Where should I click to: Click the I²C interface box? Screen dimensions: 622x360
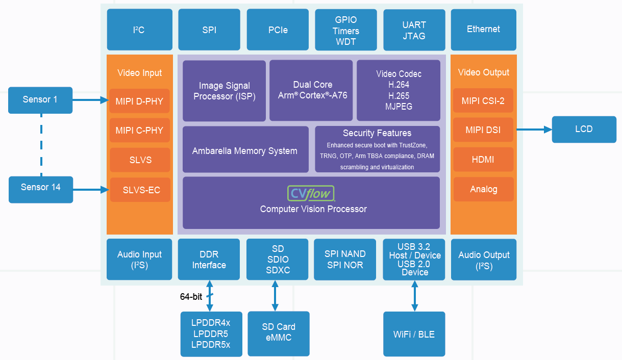[140, 30]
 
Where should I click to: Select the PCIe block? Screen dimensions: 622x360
[278, 30]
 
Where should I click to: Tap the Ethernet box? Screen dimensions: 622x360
[483, 30]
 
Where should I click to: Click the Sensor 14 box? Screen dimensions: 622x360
[41, 190]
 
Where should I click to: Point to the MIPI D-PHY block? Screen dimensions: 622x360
[139, 101]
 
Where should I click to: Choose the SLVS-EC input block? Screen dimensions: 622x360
[140, 190]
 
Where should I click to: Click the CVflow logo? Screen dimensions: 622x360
[311, 193]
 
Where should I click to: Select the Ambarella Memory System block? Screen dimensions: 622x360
[245, 149]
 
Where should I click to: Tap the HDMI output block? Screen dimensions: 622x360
[483, 159]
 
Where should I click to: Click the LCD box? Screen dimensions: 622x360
[584, 130]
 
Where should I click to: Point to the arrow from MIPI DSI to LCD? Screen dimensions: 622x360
[534, 130]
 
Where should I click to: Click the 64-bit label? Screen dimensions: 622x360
[191, 297]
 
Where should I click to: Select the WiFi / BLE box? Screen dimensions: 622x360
[414, 334]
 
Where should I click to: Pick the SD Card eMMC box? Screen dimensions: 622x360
[279, 333]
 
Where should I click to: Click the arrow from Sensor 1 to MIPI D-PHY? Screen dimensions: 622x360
[91, 100]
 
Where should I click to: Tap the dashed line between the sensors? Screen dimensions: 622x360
[41, 145]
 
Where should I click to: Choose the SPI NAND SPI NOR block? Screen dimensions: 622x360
[345, 259]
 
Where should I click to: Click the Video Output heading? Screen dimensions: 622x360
[483, 72]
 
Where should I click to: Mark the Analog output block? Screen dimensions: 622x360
[483, 189]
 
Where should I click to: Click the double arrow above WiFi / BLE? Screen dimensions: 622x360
[414, 296]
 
